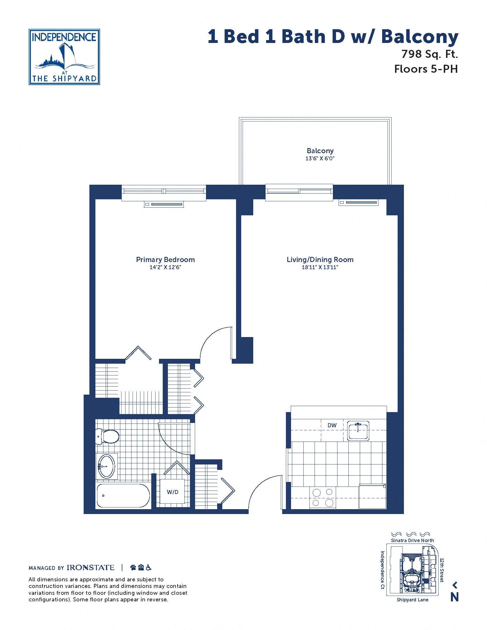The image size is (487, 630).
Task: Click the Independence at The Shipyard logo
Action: click(64, 57)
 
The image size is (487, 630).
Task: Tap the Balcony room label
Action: click(320, 151)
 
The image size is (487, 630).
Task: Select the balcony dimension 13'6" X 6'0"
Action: click(320, 158)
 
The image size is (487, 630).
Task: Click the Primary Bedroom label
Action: click(165, 260)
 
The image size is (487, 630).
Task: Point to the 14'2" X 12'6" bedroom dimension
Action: click(165, 267)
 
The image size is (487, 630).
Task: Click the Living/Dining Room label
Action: click(320, 260)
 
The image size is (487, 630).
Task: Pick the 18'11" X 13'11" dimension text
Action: click(320, 267)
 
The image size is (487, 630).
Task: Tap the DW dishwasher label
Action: click(332, 425)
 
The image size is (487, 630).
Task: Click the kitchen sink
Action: click(358, 431)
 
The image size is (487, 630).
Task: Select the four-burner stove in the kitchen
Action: click(323, 497)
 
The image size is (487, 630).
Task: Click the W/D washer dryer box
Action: click(172, 492)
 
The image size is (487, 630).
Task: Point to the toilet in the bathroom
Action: click(107, 437)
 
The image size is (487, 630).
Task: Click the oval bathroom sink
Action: click(106, 466)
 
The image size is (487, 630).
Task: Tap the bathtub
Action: click(123, 496)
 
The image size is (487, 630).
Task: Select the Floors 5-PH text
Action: click(426, 69)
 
